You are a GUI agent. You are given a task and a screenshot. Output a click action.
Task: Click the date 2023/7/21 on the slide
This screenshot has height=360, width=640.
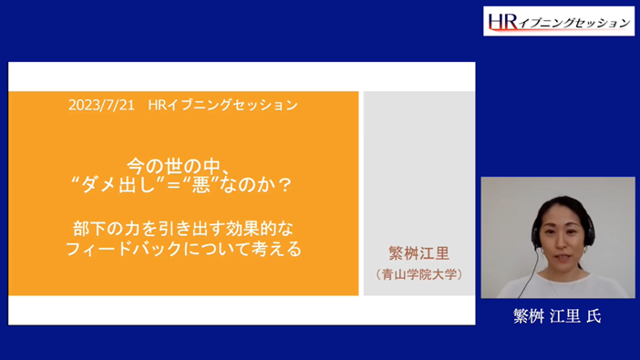click(x=101, y=106)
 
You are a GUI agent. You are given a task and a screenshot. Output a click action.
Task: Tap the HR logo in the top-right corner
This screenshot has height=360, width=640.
click(x=558, y=21)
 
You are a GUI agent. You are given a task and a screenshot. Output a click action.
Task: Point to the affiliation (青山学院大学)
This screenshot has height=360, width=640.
click(x=418, y=273)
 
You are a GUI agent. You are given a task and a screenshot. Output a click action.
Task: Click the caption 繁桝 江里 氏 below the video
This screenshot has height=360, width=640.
click(x=557, y=316)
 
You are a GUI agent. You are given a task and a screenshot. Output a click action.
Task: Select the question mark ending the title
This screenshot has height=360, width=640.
click(x=284, y=184)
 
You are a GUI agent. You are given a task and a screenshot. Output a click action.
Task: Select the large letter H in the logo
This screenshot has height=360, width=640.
click(x=496, y=20)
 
